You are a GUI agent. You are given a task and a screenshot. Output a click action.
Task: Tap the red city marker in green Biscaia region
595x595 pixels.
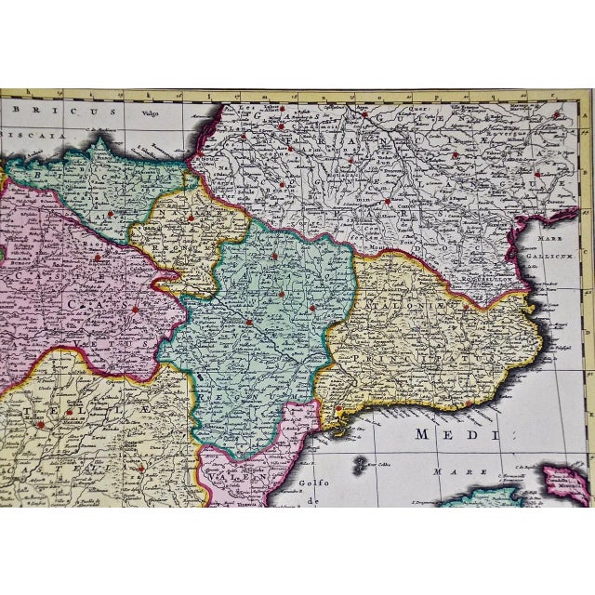tap(111, 213)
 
